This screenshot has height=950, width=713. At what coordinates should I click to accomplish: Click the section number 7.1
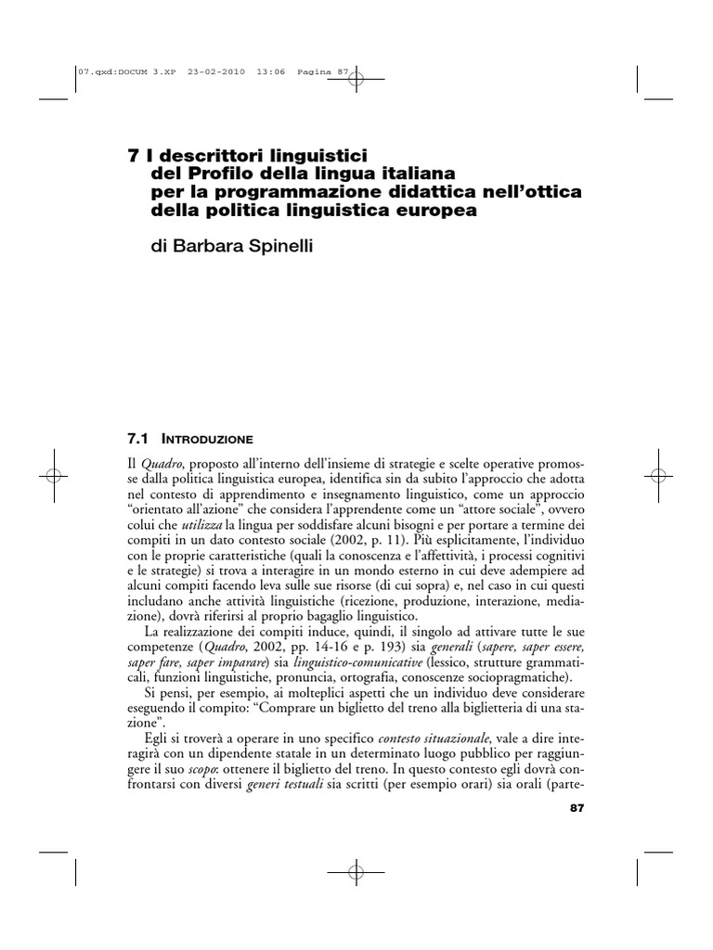137,435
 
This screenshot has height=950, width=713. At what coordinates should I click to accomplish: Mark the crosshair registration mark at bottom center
356,873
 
